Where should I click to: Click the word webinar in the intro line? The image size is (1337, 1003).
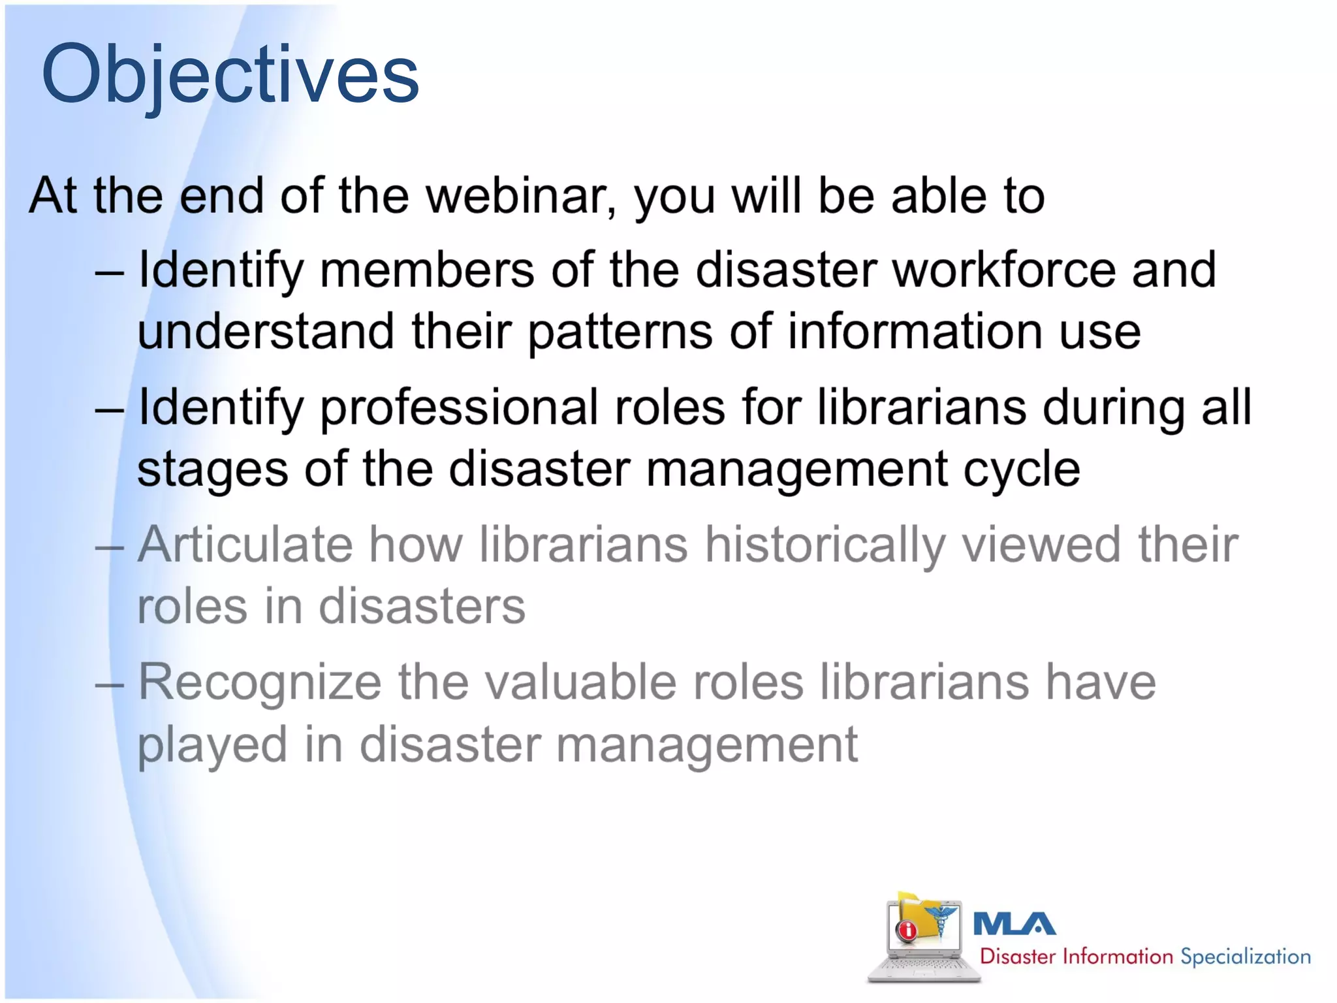[x=520, y=196]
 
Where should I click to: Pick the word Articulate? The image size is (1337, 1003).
[x=245, y=545]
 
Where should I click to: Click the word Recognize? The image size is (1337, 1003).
[x=259, y=682]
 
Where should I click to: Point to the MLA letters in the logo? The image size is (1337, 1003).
[x=1014, y=924]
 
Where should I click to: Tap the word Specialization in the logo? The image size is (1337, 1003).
[x=1246, y=957]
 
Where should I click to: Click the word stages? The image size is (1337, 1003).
[x=212, y=470]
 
